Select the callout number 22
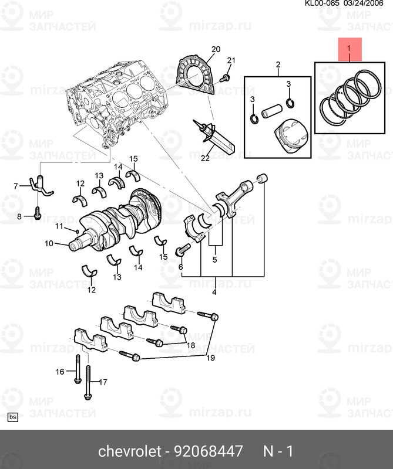[204, 157]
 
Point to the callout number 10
[49, 243]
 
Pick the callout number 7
[16, 186]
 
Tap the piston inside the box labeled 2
[287, 137]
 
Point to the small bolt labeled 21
[225, 78]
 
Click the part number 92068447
[208, 451]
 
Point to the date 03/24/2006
[371, 4]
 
